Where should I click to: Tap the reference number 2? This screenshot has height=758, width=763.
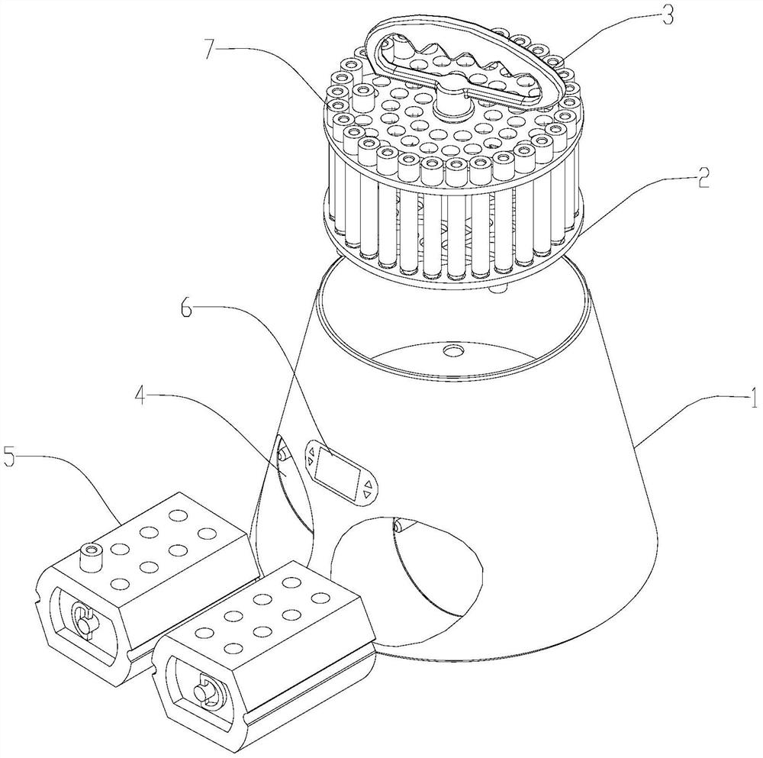[x=703, y=179]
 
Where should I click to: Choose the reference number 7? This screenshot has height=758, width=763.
[x=209, y=50]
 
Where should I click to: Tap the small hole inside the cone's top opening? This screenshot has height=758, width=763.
[x=452, y=350]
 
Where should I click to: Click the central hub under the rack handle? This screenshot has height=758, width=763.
[x=453, y=103]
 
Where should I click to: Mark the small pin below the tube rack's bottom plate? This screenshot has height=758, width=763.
[x=497, y=289]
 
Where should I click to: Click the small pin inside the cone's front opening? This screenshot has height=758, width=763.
[x=399, y=525]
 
